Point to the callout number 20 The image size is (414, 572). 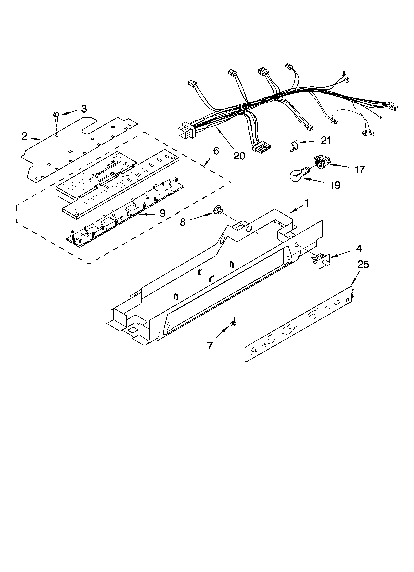coord(239,156)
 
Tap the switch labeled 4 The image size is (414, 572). coord(323,259)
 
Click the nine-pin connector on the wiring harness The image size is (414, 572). coord(185,130)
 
